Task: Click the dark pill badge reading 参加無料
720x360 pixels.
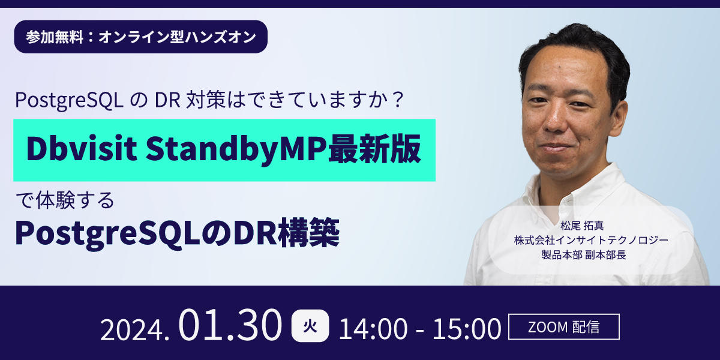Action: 140,37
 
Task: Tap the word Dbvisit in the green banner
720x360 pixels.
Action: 82,149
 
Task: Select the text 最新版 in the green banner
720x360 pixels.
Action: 374,149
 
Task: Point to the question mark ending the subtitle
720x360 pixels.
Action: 398,100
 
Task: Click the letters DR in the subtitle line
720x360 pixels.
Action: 167,100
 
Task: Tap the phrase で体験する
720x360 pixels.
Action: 65,200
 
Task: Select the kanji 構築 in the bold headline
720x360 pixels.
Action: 308,232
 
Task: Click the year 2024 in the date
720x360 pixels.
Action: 132,330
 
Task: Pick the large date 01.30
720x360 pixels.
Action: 230,325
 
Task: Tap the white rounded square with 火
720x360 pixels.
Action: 310,326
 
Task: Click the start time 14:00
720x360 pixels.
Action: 373,329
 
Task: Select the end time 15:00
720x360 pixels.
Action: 467,329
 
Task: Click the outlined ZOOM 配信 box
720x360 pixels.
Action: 564,326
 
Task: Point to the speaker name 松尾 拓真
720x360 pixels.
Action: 582,226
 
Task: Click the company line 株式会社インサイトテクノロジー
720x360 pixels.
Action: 591,240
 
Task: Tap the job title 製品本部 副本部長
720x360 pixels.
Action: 584,255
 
